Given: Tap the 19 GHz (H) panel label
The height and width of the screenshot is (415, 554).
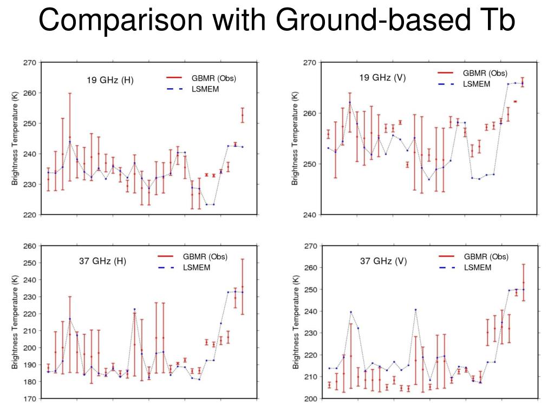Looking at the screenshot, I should click(x=110, y=81).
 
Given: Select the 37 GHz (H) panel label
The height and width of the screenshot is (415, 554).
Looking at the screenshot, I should click(x=102, y=261).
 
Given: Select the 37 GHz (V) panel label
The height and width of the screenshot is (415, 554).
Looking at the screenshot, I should click(x=383, y=261).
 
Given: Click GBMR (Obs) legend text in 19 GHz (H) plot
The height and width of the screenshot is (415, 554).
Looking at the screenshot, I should click(x=214, y=78).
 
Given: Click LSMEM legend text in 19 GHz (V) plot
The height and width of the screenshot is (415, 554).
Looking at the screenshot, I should click(x=477, y=84).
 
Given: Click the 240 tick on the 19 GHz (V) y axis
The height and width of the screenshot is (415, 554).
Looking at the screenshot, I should click(x=309, y=215).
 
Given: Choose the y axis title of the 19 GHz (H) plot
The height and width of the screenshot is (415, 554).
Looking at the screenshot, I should click(x=15, y=139).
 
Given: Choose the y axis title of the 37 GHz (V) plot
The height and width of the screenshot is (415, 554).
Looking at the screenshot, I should click(x=295, y=322).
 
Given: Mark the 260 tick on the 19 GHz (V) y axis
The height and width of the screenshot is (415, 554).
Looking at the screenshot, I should click(x=309, y=114).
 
